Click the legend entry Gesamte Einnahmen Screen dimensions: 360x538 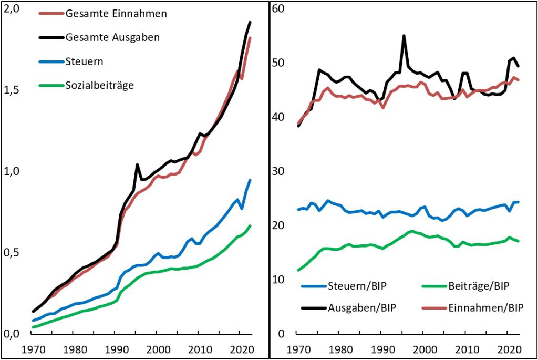(x=116, y=14)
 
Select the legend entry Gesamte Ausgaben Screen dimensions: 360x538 (x=112, y=37)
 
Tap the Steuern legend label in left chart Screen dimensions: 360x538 (x=84, y=61)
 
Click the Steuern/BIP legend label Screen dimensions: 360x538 (x=353, y=286)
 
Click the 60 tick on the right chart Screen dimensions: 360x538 (x=278, y=9)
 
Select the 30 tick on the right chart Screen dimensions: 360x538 (x=278, y=171)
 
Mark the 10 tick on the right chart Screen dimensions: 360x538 (x=278, y=280)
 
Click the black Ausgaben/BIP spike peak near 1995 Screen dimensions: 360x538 (x=403, y=36)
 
